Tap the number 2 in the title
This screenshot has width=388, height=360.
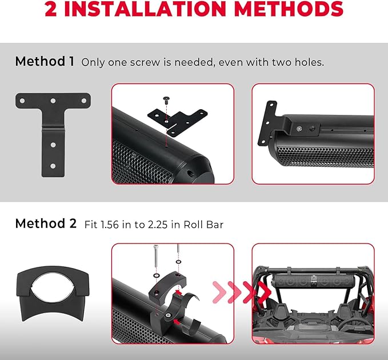pos(52,9)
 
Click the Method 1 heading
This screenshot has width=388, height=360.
pos(45,61)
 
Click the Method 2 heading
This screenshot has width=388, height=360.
pos(45,223)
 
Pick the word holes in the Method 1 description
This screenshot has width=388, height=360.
pos(306,62)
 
